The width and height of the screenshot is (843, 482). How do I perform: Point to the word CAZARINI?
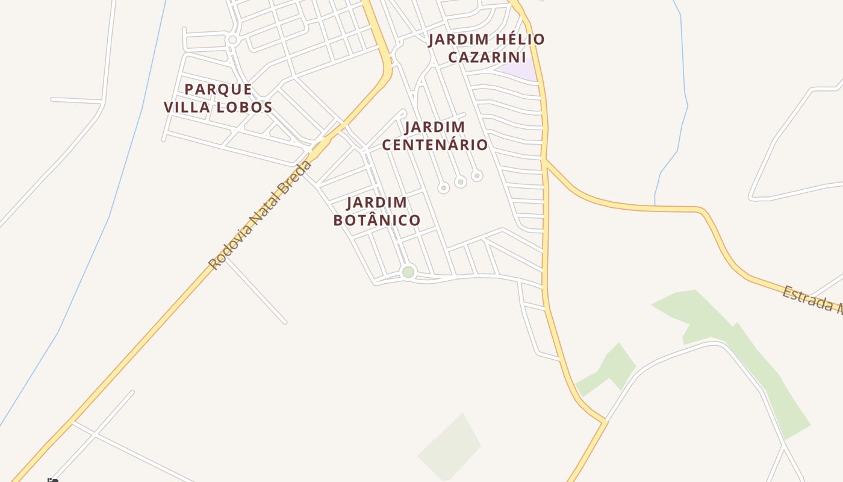pos(487,57)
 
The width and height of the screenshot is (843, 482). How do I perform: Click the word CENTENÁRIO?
pos(435,145)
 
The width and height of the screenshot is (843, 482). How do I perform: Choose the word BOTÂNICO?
pos(377,220)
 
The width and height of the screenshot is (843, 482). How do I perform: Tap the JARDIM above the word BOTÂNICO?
pos(377,202)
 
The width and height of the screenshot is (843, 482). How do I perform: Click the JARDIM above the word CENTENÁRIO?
pos(435,127)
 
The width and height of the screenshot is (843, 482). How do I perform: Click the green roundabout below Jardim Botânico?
pos(408,272)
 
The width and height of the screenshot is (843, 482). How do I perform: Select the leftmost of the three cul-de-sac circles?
pos(444,188)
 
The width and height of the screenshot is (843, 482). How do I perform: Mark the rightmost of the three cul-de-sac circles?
pos(477,176)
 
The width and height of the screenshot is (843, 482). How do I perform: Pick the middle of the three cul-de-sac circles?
pos(461,181)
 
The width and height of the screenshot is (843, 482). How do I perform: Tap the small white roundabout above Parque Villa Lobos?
pos(232,40)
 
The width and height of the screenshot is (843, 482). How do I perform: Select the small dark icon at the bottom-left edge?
pos(53,480)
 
